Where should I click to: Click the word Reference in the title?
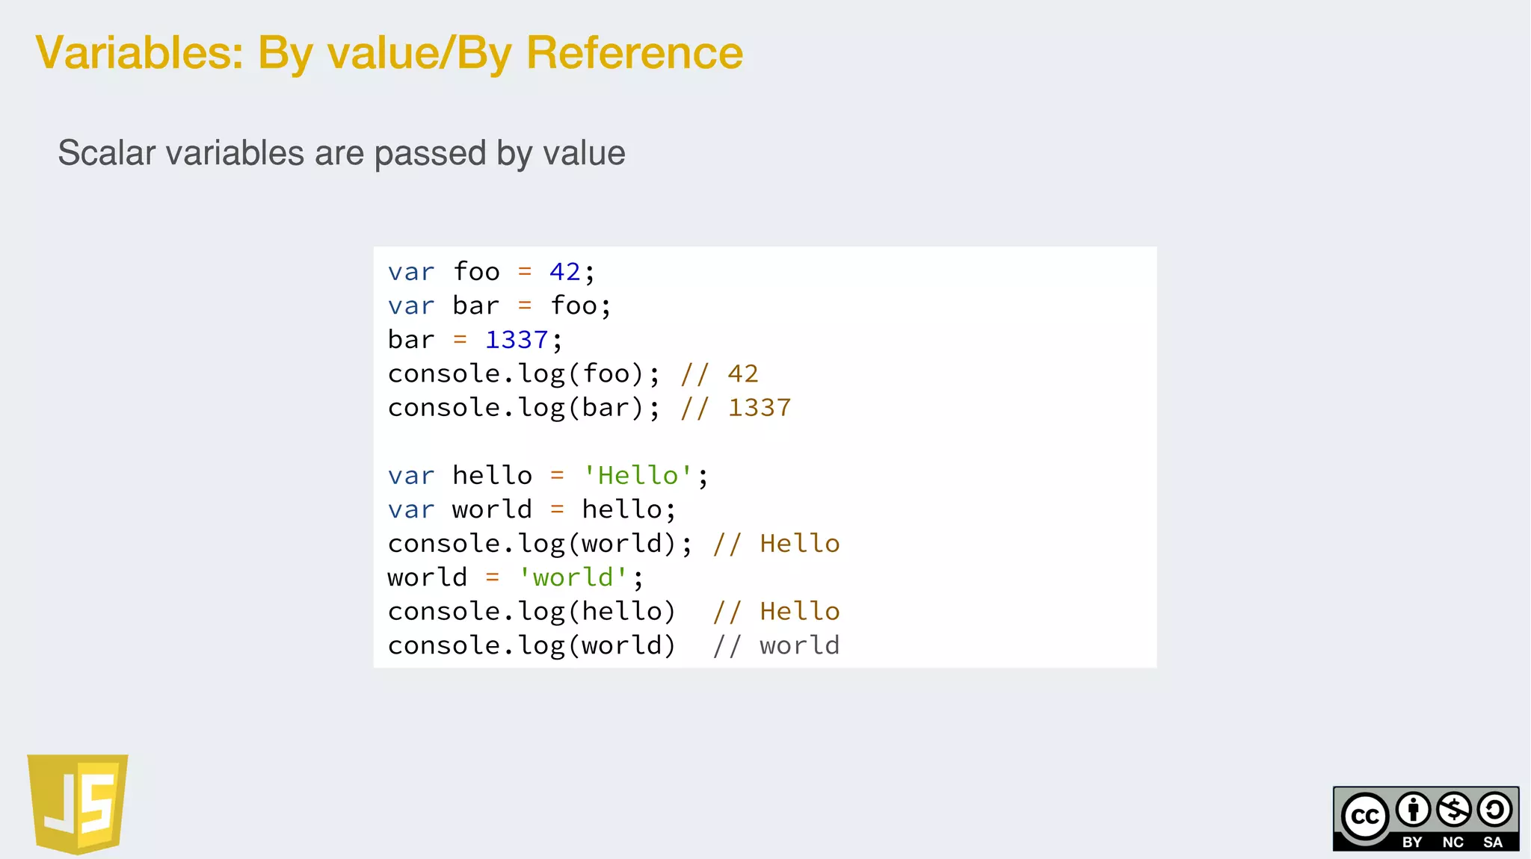point(634,53)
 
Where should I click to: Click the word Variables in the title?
point(139,53)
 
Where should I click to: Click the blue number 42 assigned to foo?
point(564,272)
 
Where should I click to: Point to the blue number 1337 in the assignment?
point(517,340)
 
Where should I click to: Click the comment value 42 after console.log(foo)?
point(742,373)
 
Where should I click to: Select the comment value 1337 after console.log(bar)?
point(759,408)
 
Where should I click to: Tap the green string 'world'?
point(573,577)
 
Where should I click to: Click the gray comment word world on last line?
point(799,645)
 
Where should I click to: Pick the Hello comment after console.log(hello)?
point(799,612)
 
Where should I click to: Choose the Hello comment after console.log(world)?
point(799,544)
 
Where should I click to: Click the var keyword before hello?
point(410,476)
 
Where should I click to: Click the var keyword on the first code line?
point(410,272)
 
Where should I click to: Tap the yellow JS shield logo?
point(78,803)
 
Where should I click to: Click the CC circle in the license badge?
point(1364,816)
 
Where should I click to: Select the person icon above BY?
point(1413,810)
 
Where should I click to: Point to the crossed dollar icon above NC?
point(1454,810)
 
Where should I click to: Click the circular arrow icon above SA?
point(1494,810)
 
